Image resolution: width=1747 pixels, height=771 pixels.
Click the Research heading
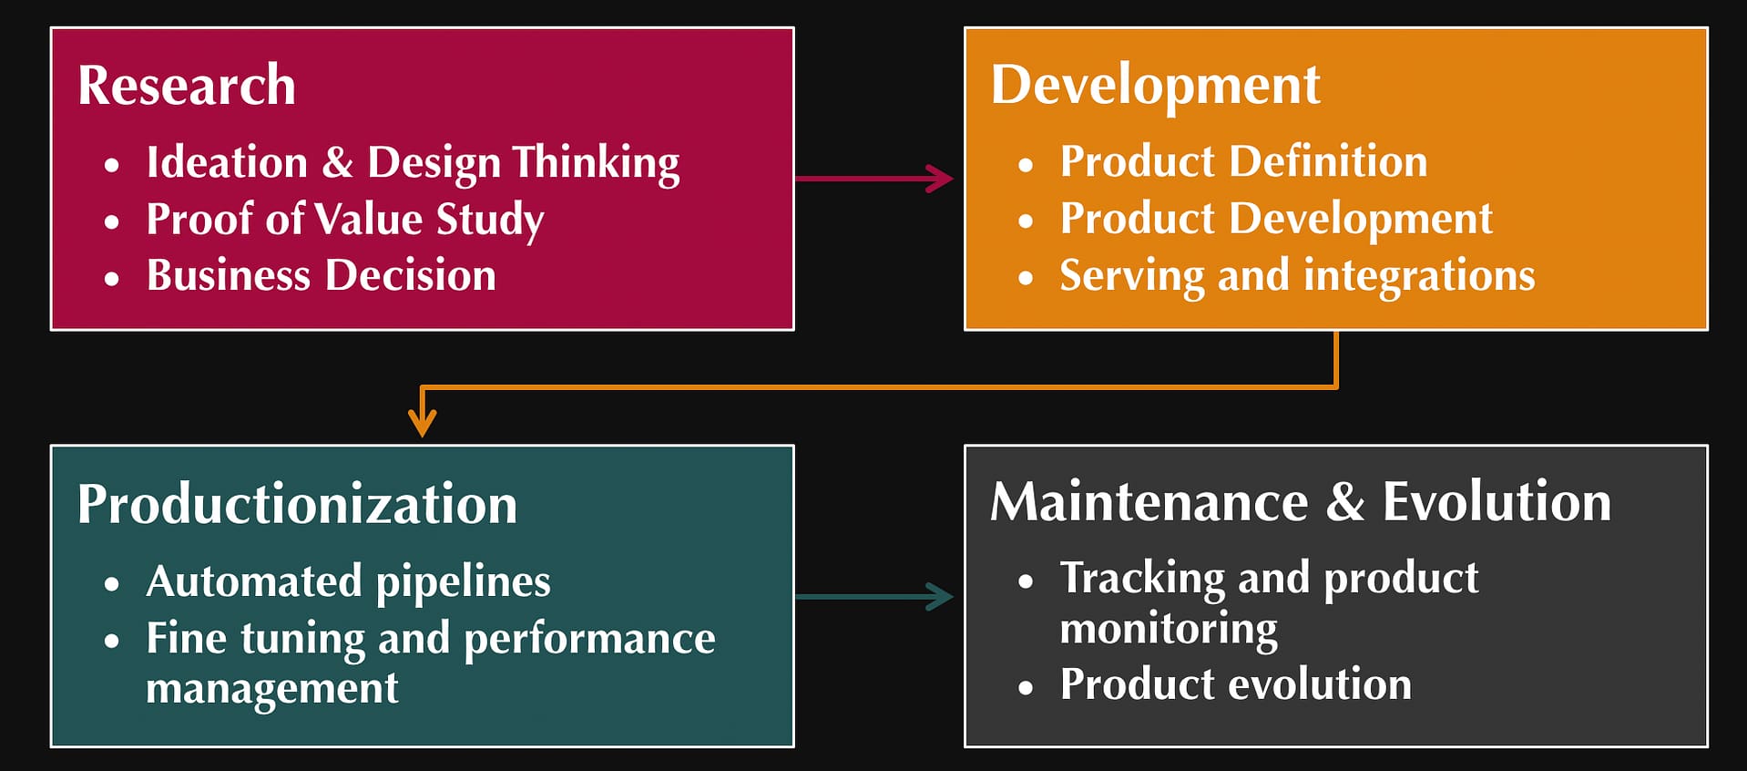click(187, 86)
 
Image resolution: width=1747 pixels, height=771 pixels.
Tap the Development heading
click(1155, 86)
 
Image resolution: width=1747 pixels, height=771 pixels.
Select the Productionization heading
click(297, 504)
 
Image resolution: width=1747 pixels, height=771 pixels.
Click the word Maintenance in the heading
click(1149, 502)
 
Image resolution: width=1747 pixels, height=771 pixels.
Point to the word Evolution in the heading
click(1497, 502)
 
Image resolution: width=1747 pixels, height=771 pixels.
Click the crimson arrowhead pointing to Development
click(942, 178)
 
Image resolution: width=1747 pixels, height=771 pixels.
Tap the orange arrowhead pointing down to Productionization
click(422, 423)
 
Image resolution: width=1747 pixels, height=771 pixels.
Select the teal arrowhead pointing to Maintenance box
click(942, 597)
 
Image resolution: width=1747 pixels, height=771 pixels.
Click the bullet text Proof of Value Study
click(345, 220)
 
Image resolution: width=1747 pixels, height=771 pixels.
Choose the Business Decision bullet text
click(322, 275)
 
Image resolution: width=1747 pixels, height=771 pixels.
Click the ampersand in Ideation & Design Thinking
click(337, 163)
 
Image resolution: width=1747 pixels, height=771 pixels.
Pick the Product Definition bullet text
click(1243, 162)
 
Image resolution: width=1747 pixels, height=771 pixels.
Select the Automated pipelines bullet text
click(348, 581)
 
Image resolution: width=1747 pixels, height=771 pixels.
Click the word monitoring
click(1169, 629)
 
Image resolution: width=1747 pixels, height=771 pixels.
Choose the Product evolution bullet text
click(1235, 684)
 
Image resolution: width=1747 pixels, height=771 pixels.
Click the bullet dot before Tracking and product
click(1027, 581)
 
